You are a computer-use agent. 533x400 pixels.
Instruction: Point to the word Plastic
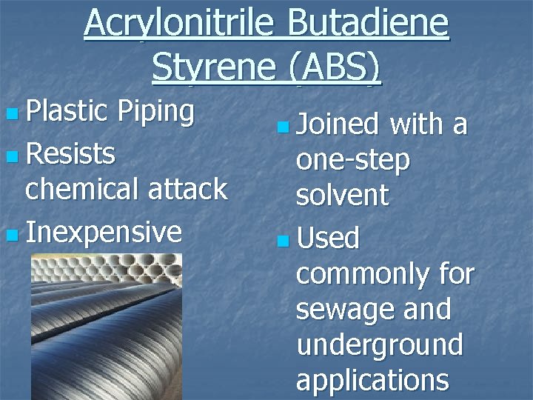[68, 112]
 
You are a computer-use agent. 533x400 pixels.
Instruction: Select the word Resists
[70, 154]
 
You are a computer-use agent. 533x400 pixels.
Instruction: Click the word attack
[190, 190]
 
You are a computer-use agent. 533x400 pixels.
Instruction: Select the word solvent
[342, 196]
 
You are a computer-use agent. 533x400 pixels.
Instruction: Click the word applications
[372, 380]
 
